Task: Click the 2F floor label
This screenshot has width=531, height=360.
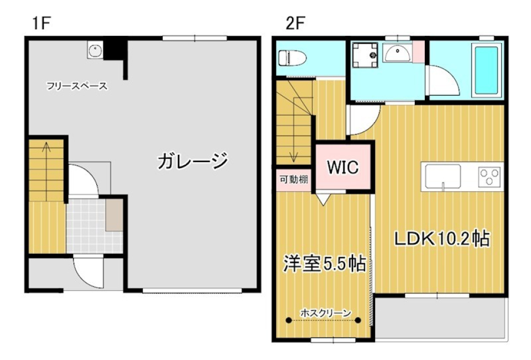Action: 296,23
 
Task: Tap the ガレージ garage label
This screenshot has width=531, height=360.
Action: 192,162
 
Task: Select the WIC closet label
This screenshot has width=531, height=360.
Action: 342,166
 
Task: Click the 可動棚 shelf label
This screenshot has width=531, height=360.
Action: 294,179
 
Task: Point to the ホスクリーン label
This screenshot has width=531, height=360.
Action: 325,313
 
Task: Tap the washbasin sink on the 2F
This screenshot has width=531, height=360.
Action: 397,54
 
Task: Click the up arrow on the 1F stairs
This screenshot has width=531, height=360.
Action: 47,148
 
